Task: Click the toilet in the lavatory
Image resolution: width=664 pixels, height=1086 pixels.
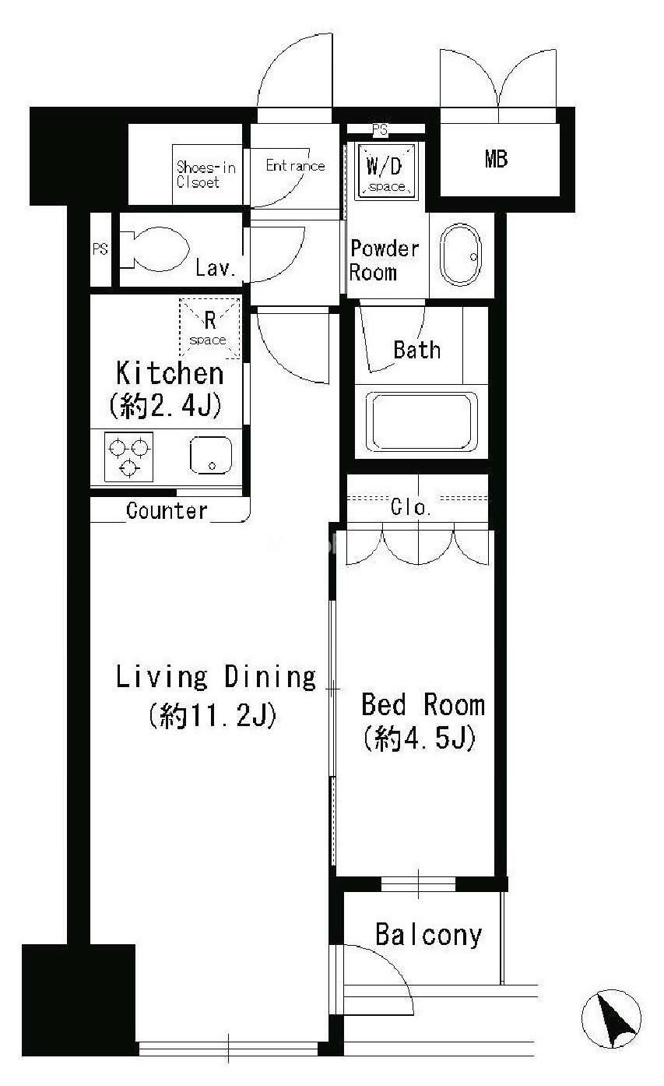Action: click(x=155, y=249)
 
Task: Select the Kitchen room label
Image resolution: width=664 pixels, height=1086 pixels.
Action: click(x=170, y=373)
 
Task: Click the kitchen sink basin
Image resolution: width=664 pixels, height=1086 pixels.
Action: click(x=211, y=455)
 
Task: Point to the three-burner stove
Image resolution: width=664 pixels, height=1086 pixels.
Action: click(x=128, y=457)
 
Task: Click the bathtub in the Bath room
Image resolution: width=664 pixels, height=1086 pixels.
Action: click(x=421, y=421)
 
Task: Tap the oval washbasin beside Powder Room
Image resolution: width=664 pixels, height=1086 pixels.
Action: click(x=461, y=255)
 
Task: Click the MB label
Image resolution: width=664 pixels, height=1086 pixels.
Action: click(x=497, y=159)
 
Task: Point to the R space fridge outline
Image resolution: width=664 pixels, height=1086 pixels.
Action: click(x=209, y=328)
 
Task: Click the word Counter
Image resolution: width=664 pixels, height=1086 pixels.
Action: click(x=167, y=510)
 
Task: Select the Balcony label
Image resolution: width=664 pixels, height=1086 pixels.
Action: click(x=429, y=935)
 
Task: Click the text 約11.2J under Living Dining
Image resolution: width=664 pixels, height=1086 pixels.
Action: click(x=213, y=715)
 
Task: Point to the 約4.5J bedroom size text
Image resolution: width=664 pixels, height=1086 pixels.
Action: click(x=420, y=738)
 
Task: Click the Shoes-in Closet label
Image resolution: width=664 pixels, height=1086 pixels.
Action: click(x=206, y=175)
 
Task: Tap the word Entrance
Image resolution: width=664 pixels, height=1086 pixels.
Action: click(x=296, y=166)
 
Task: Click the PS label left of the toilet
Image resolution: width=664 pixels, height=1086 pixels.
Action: click(x=100, y=249)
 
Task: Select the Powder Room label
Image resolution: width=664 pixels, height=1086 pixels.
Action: click(x=385, y=260)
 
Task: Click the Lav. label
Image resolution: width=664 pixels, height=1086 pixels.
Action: click(x=215, y=268)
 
